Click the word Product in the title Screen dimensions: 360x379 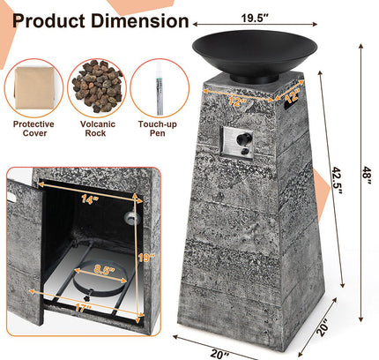[45, 20]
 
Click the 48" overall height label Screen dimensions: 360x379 [365, 176]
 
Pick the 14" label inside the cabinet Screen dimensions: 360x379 [86, 199]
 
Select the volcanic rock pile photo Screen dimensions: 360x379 [96, 86]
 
